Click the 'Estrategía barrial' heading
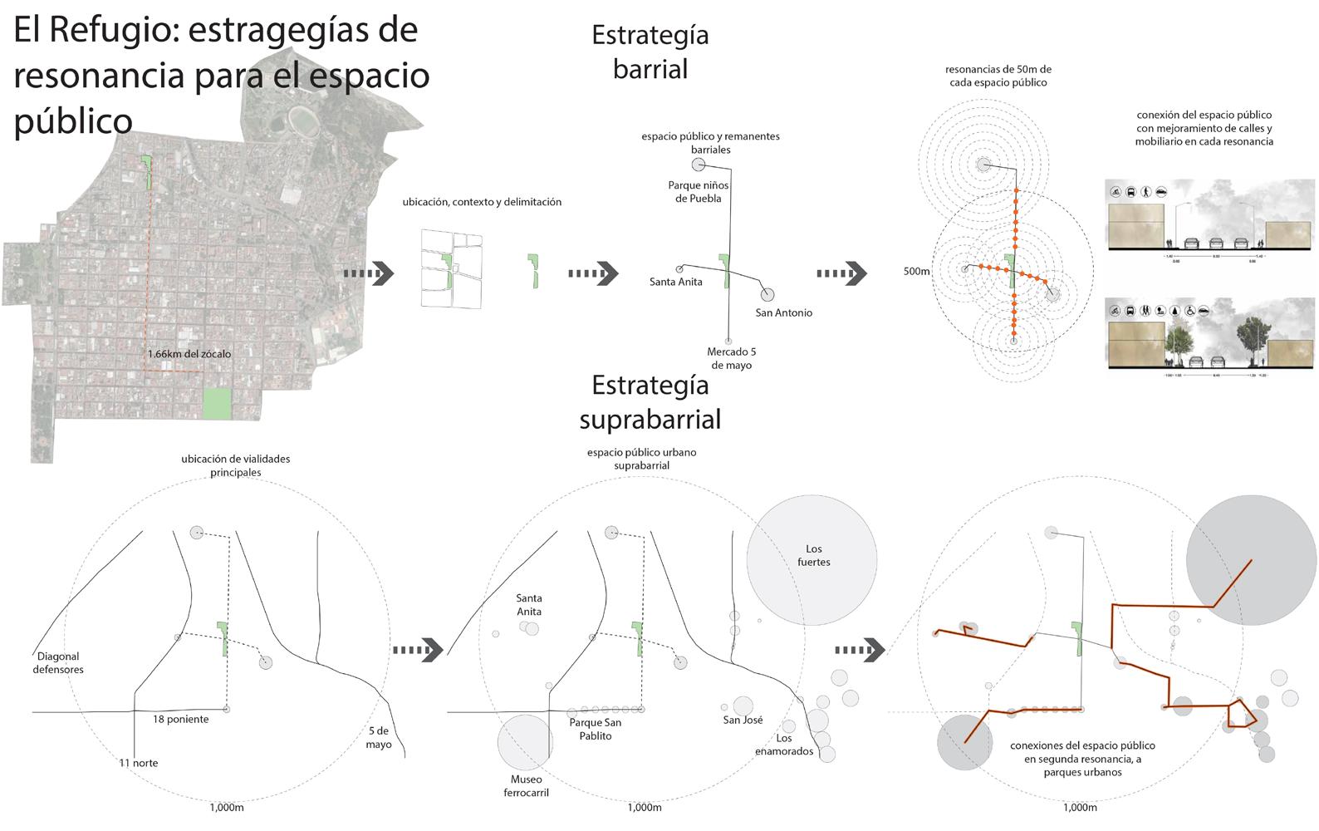[650, 52]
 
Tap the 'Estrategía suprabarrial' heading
[650, 402]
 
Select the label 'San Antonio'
[783, 313]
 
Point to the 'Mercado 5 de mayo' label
[731, 358]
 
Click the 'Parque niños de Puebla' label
[698, 192]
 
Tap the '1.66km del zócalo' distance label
[189, 354]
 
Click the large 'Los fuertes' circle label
[813, 555]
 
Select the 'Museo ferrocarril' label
[526, 785]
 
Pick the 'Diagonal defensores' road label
[58, 663]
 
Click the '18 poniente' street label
[180, 720]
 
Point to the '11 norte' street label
[138, 763]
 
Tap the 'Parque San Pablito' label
[595, 729]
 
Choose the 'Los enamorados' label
[784, 745]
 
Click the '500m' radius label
[916, 272]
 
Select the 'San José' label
[743, 720]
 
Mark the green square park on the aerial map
[218, 404]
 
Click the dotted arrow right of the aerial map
[369, 273]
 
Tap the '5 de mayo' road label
[379, 738]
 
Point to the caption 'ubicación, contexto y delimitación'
[482, 202]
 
